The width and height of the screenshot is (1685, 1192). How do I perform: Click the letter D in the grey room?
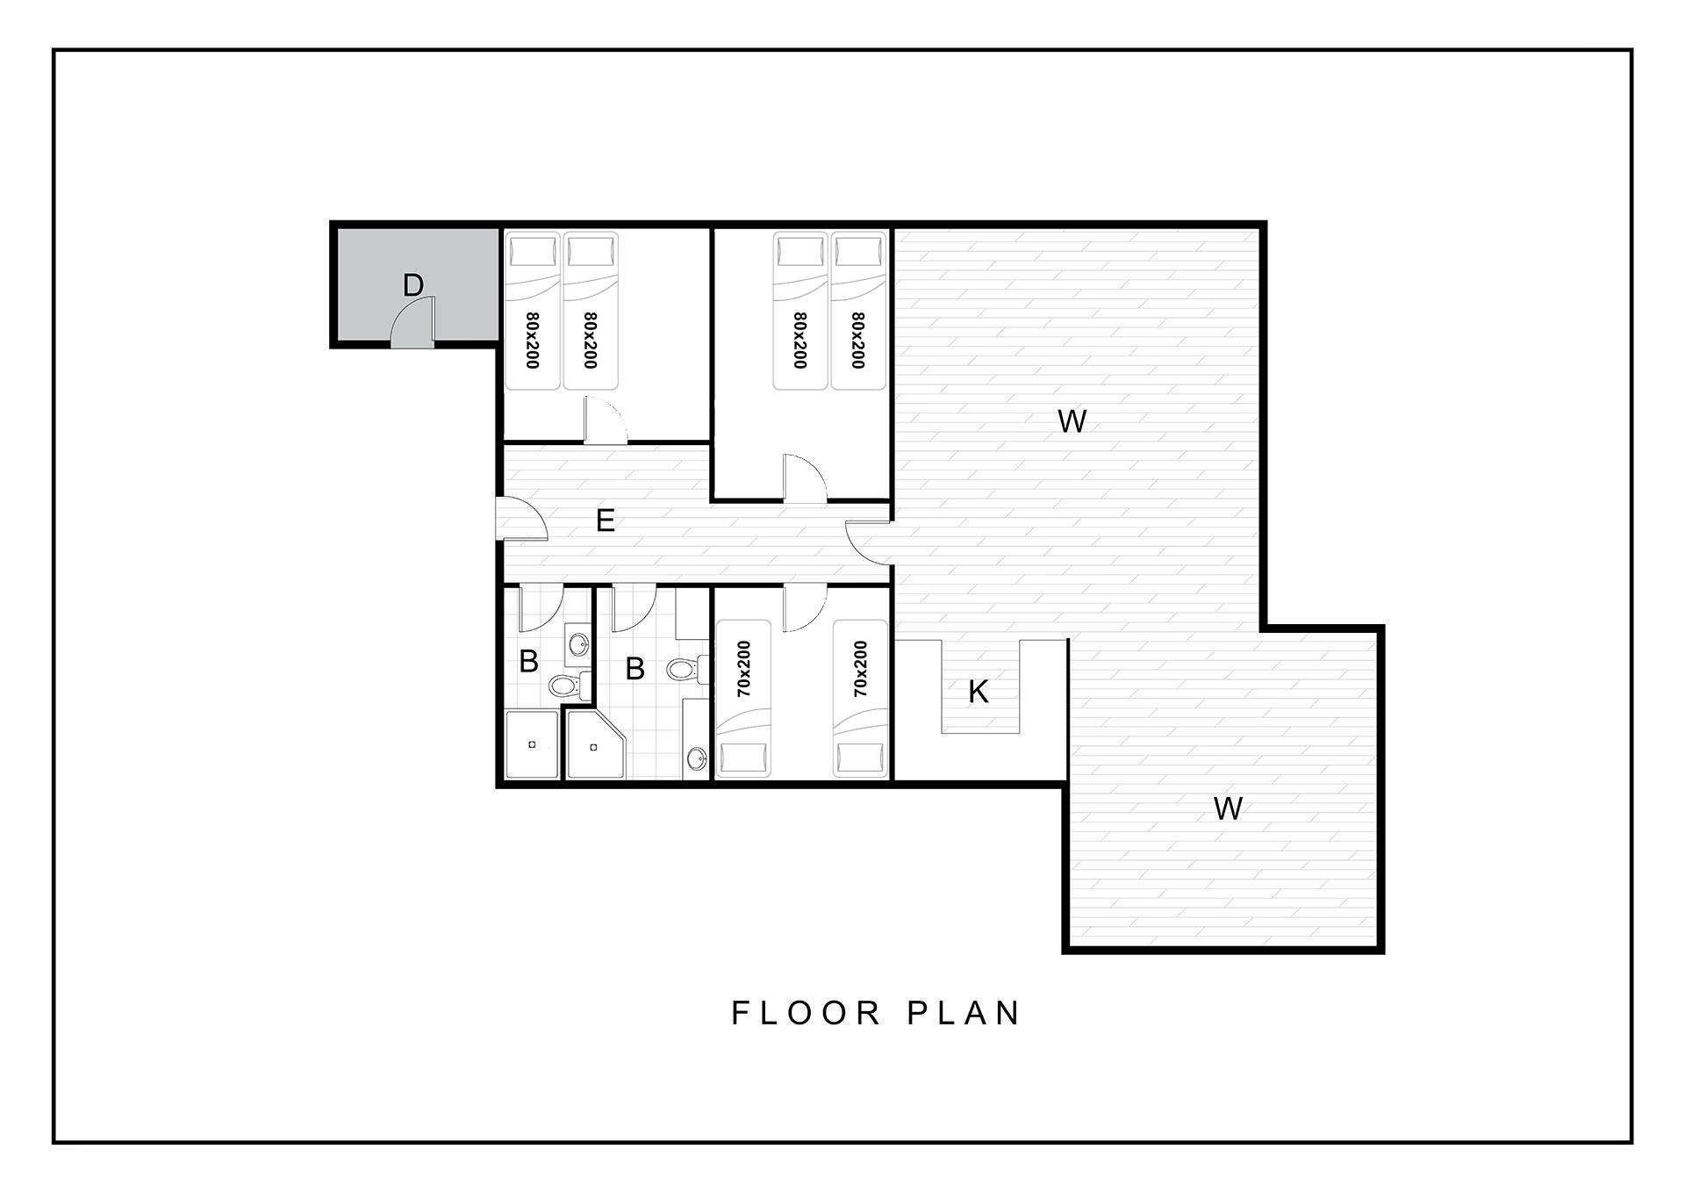pos(413,285)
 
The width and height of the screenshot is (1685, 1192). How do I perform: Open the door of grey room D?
pos(412,320)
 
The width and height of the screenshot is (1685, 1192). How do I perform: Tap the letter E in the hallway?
pos(606,521)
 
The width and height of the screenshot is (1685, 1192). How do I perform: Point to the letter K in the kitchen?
pos(979,692)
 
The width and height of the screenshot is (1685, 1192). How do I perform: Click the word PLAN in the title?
pos(963,1013)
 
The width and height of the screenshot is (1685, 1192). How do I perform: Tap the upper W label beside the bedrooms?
pos(1072,421)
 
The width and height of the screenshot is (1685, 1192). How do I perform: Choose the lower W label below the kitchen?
pos(1228,808)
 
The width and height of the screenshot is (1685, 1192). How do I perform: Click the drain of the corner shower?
pos(594,747)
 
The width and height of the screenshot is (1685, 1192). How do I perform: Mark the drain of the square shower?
pos(532,744)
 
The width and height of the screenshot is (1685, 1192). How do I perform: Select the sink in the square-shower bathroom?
pos(578,645)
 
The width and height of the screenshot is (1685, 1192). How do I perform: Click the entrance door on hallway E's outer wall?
pos(521,518)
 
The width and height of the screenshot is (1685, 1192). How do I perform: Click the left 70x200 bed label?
pos(744,669)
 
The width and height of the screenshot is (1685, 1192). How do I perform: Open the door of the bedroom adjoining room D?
pos(606,420)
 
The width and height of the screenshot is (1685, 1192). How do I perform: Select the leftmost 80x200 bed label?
pos(532,341)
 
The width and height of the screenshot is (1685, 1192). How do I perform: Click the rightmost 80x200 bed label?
pos(857,341)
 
